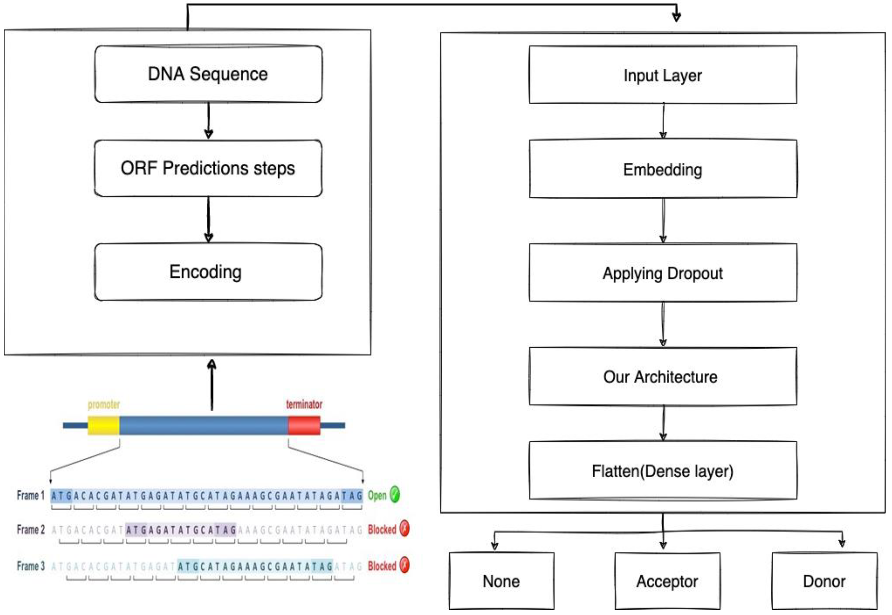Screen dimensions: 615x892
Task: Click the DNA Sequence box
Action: pos(208,74)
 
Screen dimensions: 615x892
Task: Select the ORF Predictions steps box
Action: pos(208,168)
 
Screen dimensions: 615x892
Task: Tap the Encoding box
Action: pos(208,272)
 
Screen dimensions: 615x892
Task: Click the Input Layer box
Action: pos(663,75)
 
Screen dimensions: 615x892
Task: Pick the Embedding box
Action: pos(663,170)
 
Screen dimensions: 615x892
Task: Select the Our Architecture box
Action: pos(663,377)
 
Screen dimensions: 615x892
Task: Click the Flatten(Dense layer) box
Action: pos(663,471)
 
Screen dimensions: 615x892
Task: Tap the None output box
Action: pos(501,581)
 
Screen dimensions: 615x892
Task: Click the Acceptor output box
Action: pos(667,581)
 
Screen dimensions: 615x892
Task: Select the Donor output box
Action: pos(824,581)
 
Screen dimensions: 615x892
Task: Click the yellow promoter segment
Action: pos(103,426)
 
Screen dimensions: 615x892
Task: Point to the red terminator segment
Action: pos(304,426)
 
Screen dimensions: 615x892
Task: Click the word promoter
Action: pos(104,405)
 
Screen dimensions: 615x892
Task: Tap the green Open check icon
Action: pos(395,494)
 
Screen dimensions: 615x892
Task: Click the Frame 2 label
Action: pos(31,530)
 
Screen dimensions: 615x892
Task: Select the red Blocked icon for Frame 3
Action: pos(404,565)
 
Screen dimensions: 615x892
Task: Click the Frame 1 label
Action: pos(31,495)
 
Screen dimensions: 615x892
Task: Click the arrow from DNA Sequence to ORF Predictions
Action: pos(208,120)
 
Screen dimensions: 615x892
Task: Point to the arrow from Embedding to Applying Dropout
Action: pos(663,221)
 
